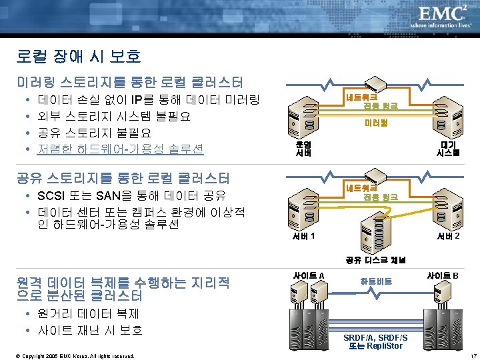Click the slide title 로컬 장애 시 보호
(79, 57)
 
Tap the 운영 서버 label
(303, 148)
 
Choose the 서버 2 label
(448, 236)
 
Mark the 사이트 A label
(309, 275)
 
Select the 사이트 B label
(443, 275)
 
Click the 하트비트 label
(376, 281)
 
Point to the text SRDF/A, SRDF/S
(376, 337)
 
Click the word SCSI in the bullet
(54, 196)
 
